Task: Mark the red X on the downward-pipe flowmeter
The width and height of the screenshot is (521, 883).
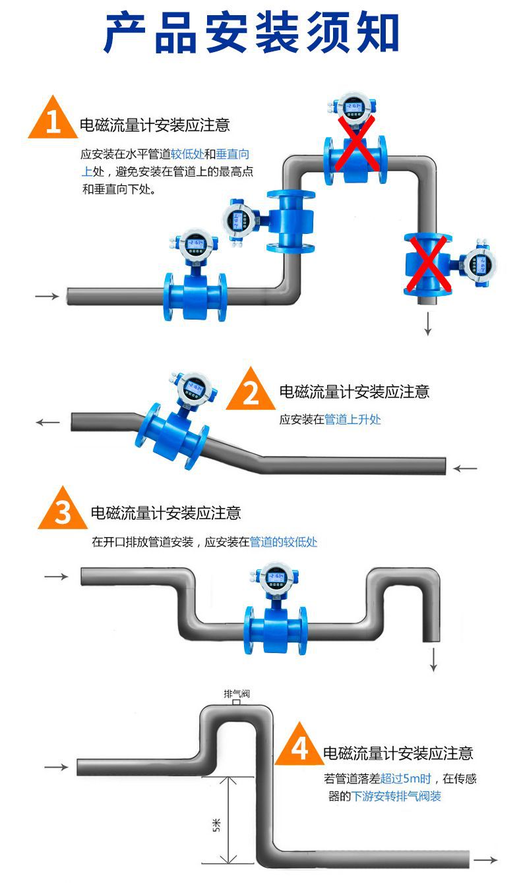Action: tap(428, 264)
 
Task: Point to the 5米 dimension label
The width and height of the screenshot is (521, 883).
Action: tap(217, 824)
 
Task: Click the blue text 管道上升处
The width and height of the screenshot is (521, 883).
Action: tap(352, 419)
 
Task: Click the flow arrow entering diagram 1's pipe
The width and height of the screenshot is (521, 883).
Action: tap(47, 297)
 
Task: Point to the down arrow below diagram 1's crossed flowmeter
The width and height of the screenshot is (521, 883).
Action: tap(427, 325)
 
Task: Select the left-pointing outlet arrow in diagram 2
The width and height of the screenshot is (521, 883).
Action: tap(48, 422)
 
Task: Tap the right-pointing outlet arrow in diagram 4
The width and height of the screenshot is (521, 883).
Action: tap(486, 861)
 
